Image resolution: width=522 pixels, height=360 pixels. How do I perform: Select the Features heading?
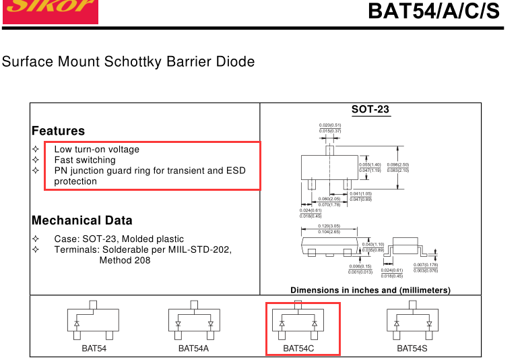[58, 131]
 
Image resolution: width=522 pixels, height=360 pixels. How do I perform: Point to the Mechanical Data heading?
[81, 220]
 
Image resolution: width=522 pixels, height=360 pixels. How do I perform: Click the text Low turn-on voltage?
[96, 149]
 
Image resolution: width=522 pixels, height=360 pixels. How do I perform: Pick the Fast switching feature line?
[84, 160]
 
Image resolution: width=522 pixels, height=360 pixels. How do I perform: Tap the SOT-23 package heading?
[370, 109]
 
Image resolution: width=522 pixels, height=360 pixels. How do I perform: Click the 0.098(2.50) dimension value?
[398, 164]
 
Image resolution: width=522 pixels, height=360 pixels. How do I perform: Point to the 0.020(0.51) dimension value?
[330, 125]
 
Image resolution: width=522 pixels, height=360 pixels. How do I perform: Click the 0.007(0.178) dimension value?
[426, 265]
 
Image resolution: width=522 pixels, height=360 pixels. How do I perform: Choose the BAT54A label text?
[193, 349]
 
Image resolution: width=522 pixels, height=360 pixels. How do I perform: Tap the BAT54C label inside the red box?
[298, 349]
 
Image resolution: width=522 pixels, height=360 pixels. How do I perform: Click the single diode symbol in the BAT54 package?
[77, 324]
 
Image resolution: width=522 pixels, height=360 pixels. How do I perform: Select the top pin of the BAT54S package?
[412, 305]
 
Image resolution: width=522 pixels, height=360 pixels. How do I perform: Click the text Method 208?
[125, 260]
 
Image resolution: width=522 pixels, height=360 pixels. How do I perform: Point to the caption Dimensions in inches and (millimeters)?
[370, 290]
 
